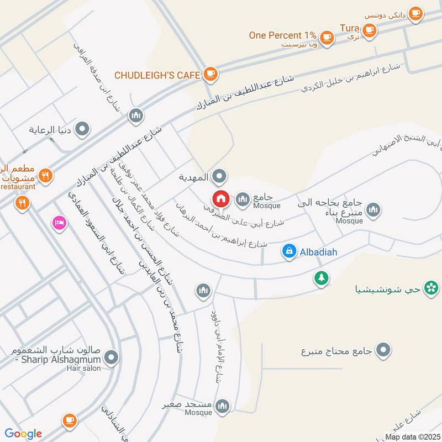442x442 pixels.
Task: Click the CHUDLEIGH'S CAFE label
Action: point(156,75)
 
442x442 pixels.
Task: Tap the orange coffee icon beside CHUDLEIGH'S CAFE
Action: point(209,73)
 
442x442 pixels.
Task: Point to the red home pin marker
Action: point(220,199)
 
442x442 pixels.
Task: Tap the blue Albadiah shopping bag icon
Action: point(288,251)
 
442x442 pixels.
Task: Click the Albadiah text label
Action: point(318,252)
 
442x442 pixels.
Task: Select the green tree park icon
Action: point(320,278)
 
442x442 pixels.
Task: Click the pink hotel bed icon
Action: point(58,223)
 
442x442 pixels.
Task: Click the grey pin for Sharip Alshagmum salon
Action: point(112,357)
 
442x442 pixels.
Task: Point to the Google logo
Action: point(23,433)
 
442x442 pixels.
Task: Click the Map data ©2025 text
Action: point(412,436)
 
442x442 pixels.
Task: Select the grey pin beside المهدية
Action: point(220,177)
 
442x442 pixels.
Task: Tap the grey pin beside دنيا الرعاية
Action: point(82,130)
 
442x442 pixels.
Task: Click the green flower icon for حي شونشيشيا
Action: point(432,287)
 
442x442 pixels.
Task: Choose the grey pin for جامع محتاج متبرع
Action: point(383,350)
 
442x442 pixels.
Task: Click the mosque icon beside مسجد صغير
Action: point(222,406)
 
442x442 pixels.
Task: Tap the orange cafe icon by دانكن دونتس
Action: point(415,13)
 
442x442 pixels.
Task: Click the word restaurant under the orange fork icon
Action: point(18,187)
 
